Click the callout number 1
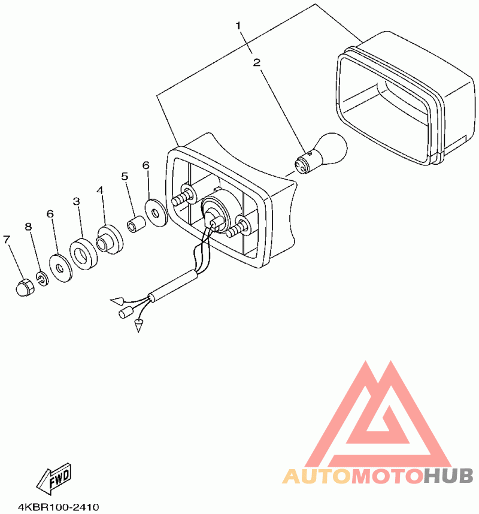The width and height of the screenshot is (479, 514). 238,26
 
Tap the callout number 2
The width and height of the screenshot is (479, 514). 256,62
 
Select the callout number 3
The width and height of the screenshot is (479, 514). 77,202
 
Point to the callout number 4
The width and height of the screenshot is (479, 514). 100,191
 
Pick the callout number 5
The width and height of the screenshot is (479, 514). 125,176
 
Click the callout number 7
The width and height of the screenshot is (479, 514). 7,240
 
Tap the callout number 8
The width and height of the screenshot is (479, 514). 28,226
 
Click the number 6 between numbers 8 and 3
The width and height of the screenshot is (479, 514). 50,214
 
